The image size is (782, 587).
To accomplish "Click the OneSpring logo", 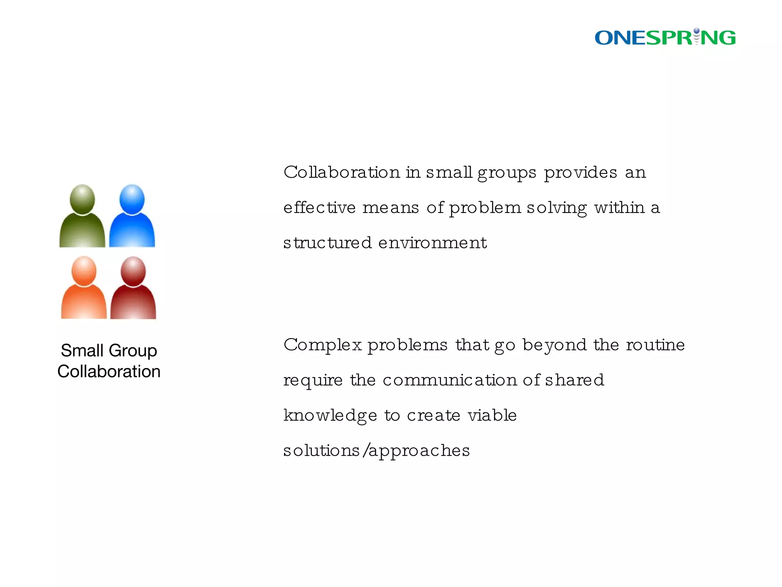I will point(665,37).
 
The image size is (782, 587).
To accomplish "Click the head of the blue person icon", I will point(132,199).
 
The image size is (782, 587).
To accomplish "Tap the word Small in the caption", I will point(82,350).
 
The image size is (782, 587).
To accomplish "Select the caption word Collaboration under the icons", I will point(109,371).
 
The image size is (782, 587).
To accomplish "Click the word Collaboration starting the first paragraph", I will point(342,172).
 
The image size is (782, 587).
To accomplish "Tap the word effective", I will point(319,208).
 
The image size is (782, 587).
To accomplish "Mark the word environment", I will point(432,243).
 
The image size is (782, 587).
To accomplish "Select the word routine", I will point(655,345).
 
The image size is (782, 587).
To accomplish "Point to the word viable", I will point(492,415).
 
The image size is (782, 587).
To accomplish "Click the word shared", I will point(574,380).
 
